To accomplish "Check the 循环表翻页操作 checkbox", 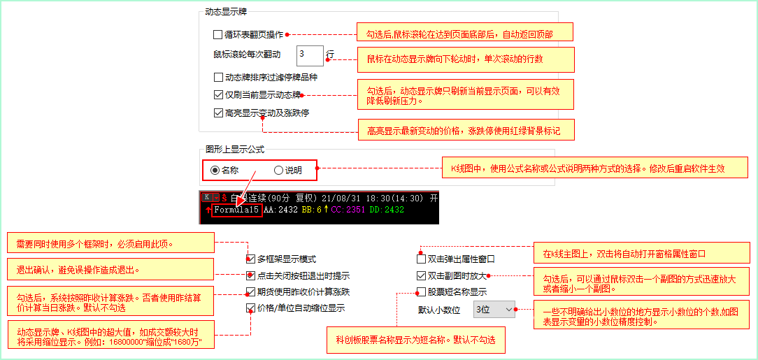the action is (217, 34).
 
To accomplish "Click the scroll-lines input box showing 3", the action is (310, 55).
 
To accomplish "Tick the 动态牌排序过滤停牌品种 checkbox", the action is (217, 77).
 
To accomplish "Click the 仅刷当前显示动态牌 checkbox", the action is (217, 95).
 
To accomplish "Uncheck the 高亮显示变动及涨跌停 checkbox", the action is (217, 113).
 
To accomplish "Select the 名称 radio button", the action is (215, 170).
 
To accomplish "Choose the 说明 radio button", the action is (278, 170).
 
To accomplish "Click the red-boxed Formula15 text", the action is (237, 210).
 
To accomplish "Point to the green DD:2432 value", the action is (387, 210).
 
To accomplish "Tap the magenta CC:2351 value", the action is (348, 210).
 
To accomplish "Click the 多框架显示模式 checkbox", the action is (250, 259).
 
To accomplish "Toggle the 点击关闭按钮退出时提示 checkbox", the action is (250, 276).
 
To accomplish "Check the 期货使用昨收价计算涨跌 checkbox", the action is (250, 291).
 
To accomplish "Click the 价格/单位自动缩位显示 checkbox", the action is (250, 308).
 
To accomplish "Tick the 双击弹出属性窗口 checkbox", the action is (420, 259).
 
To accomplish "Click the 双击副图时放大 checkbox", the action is (420, 276).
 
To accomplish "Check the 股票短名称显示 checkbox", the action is (420, 292).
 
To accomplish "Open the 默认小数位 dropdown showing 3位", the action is (494, 309).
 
